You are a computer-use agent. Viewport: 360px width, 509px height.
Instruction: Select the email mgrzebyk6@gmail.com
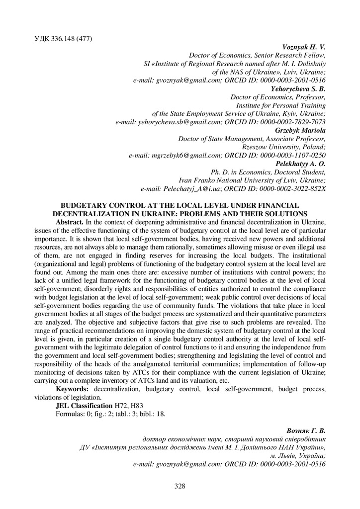[161, 156]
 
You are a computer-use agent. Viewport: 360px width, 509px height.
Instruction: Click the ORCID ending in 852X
[289, 189]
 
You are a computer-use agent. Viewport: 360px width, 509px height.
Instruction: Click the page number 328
[180, 486]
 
